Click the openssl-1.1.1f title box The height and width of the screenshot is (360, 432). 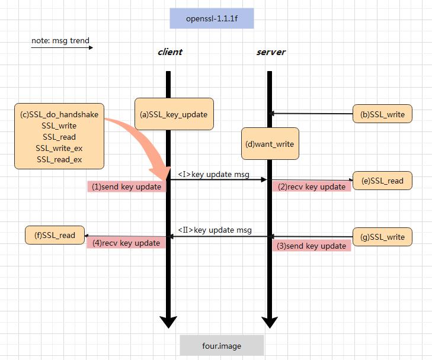coord(212,18)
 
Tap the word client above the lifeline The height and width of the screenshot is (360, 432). coord(169,52)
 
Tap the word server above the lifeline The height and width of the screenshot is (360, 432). coord(271,52)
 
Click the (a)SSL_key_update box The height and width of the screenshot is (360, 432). coord(174,114)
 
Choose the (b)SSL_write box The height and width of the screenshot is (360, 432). coord(382,114)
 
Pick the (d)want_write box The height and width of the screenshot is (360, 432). coord(270,144)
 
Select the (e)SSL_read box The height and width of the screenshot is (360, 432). coord(382,181)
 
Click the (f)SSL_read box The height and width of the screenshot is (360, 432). coord(55,235)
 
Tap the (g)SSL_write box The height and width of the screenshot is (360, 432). coord(382,237)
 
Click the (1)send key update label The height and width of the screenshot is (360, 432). coord(127,187)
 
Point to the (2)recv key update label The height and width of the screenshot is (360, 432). coord(312,187)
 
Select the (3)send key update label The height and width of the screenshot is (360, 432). coord(312,246)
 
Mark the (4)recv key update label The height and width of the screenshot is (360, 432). coord(126,243)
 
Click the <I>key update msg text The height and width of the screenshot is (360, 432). coord(213,175)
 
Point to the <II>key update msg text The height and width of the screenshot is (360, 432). coord(215,230)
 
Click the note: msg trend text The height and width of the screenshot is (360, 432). coord(60,41)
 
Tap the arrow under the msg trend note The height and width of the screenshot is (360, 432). coord(62,47)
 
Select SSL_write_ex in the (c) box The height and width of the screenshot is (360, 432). coord(59,148)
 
